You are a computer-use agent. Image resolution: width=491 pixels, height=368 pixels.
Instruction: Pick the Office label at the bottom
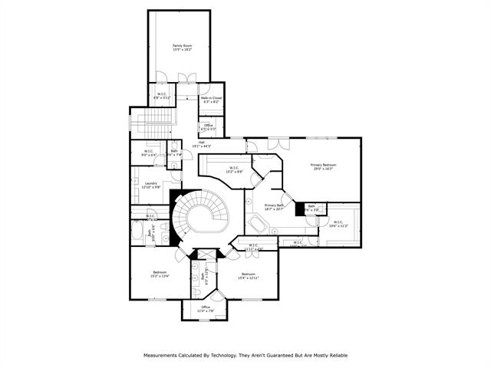(206, 309)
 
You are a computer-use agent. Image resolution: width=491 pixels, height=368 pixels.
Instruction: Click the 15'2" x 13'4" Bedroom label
(160, 274)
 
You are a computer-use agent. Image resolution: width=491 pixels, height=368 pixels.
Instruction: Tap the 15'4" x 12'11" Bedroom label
(248, 276)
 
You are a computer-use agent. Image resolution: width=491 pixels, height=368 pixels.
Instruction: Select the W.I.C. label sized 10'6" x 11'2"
(338, 225)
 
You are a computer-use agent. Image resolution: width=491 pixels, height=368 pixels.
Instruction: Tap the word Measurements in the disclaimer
(161, 356)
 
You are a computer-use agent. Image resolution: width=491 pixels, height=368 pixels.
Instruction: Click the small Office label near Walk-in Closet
(208, 127)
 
